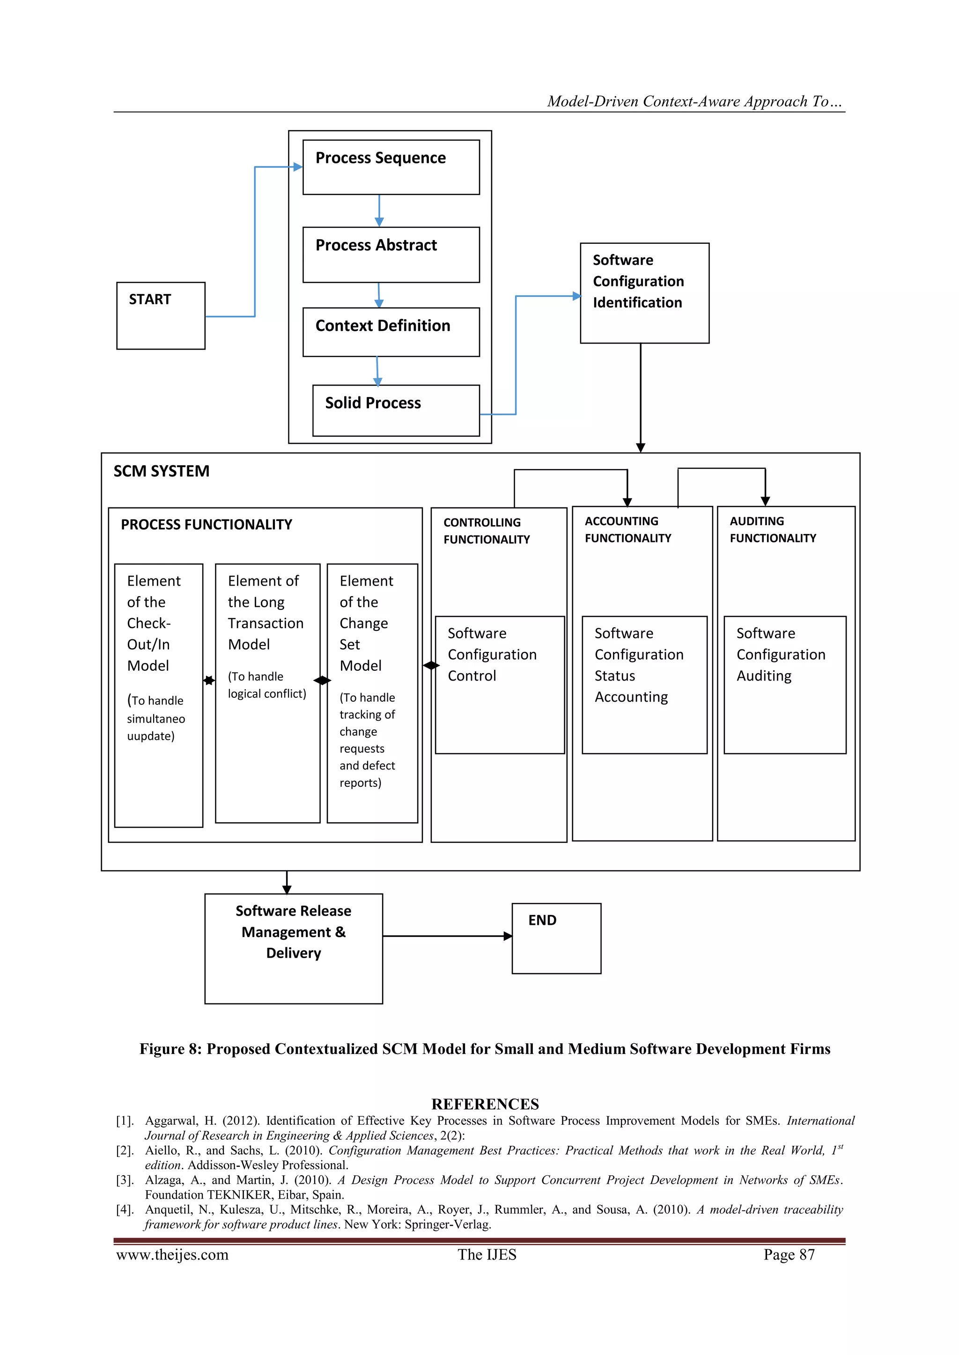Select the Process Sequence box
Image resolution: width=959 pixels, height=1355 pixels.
click(391, 167)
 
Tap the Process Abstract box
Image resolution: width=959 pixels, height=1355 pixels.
click(391, 254)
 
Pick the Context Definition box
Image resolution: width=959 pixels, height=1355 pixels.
click(391, 332)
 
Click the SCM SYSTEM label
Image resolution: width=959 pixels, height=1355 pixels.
click(161, 471)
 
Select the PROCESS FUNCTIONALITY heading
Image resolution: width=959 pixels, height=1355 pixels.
click(206, 525)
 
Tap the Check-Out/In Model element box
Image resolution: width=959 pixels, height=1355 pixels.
click(158, 695)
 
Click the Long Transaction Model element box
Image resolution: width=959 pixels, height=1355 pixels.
click(267, 692)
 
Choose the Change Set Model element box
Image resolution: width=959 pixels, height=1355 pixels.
click(372, 692)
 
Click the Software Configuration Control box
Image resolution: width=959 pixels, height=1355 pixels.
click(500, 685)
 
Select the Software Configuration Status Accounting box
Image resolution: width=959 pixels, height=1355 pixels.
click(644, 685)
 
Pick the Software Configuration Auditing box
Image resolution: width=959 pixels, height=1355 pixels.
click(785, 685)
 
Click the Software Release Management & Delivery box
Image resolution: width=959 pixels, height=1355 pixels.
click(294, 948)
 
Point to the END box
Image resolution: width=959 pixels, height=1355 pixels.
click(556, 938)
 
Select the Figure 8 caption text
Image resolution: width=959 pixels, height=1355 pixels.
click(485, 1049)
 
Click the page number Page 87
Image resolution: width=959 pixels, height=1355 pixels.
click(789, 1255)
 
